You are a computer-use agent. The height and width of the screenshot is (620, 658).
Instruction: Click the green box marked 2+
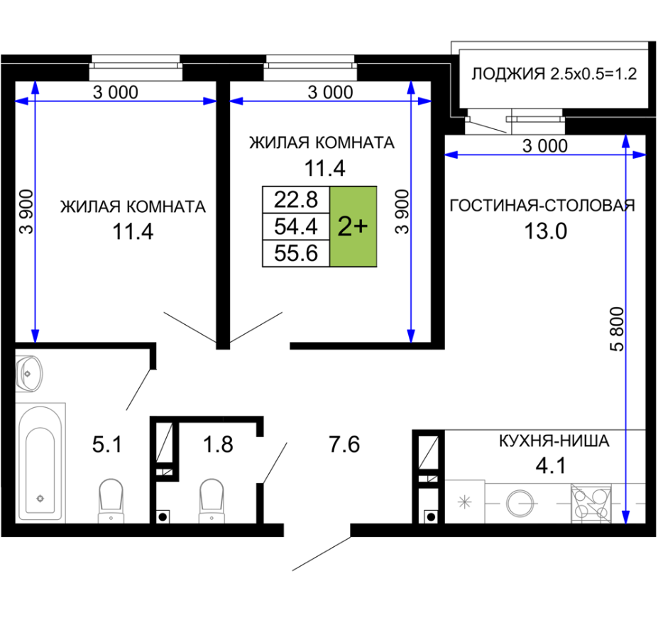point(353,226)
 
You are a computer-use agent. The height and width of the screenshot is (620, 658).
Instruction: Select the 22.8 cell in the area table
point(296,199)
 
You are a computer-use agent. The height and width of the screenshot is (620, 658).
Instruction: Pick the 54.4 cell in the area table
point(296,226)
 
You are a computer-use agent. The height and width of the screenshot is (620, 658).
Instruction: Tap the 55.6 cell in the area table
point(296,253)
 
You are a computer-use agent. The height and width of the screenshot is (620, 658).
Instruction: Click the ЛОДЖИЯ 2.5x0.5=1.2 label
point(554,74)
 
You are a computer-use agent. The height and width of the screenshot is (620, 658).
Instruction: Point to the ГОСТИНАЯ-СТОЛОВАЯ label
point(542,206)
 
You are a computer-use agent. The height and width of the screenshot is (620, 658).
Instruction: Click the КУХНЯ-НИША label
point(554,441)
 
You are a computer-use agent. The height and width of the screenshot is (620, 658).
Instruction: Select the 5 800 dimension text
point(618,329)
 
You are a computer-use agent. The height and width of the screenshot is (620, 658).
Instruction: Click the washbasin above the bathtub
point(29,373)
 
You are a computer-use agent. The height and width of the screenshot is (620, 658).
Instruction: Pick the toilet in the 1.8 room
point(212,501)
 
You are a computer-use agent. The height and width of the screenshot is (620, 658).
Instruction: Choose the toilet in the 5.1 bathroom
point(111,501)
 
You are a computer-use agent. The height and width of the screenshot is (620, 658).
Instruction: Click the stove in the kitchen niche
point(591,504)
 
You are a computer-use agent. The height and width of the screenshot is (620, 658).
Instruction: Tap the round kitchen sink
point(520,503)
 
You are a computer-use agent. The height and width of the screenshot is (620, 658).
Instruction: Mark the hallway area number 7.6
point(344,445)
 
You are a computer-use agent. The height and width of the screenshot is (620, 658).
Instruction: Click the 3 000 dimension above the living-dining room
point(544,146)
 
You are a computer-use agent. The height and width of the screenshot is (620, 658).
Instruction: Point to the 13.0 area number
point(546,231)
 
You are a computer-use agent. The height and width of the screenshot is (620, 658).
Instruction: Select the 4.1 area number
point(551,465)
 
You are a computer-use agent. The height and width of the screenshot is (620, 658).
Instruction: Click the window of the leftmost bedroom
point(136,67)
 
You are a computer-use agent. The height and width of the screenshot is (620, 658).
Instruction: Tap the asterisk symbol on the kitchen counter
point(464,502)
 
